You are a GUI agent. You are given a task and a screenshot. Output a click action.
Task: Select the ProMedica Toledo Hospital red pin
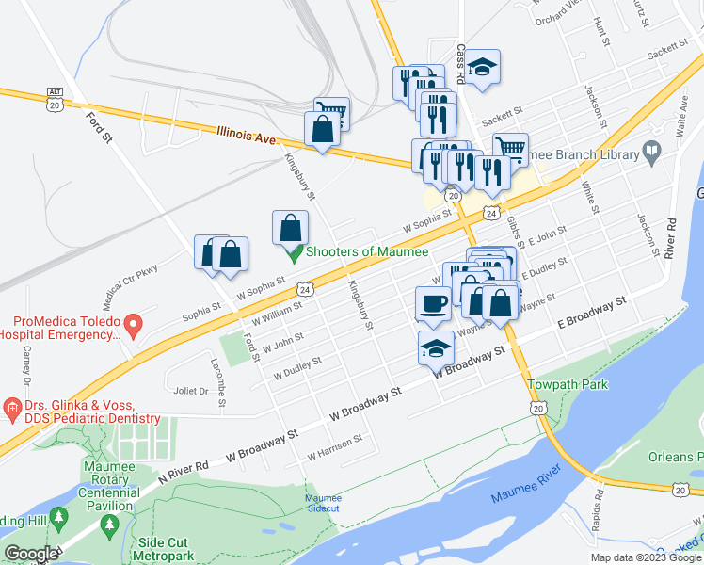coord(133,326)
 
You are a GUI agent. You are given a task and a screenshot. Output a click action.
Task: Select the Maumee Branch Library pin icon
coord(651,152)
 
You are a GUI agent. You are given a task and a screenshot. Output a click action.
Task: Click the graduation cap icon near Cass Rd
coord(484,67)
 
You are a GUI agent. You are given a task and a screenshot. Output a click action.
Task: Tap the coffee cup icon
coord(433,303)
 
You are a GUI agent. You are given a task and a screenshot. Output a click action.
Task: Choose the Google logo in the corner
coord(31,554)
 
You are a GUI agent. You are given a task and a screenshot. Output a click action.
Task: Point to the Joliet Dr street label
coord(191,390)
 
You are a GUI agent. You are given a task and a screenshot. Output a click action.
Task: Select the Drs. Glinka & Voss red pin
coord(12,409)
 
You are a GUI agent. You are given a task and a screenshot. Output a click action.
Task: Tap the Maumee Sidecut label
coord(324,504)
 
